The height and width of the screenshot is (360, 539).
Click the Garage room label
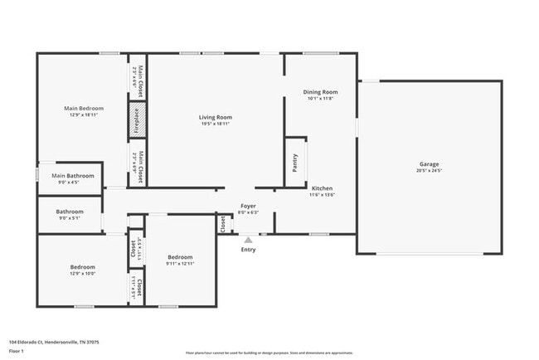click(x=429, y=164)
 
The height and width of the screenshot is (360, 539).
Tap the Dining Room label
click(x=320, y=92)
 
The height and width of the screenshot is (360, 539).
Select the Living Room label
click(x=215, y=117)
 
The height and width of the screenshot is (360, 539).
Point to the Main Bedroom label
click(x=84, y=109)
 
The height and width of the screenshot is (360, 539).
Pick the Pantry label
click(x=295, y=163)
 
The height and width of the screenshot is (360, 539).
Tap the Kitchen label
click(x=321, y=188)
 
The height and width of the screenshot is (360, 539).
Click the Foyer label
click(x=248, y=206)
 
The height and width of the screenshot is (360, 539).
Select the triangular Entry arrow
click(x=248, y=240)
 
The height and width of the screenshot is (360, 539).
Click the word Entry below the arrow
click(x=248, y=250)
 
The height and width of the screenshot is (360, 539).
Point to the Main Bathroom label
click(x=73, y=176)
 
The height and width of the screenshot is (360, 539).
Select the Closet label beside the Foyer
click(x=222, y=224)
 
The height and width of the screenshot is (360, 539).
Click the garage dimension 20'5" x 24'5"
click(x=429, y=171)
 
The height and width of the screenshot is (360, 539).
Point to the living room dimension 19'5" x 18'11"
click(x=215, y=124)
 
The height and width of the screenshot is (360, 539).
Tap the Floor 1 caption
click(x=17, y=350)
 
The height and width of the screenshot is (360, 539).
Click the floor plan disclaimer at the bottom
click(x=269, y=352)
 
